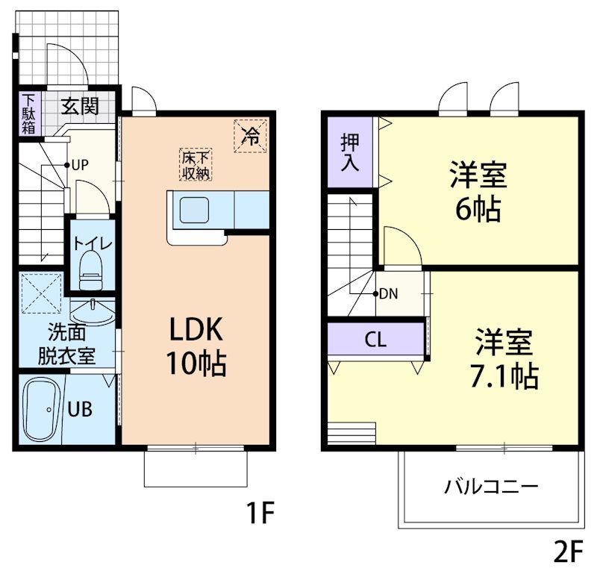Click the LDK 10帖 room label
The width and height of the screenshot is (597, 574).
pyautogui.click(x=196, y=345)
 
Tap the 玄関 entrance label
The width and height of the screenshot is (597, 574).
pyautogui.click(x=79, y=106)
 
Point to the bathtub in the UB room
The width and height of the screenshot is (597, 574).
pyautogui.click(x=43, y=408)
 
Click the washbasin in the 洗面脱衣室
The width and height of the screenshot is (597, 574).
pyautogui.click(x=93, y=308)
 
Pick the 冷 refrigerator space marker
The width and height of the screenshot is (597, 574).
pyautogui.click(x=251, y=136)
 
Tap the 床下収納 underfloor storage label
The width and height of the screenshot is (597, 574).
pyautogui.click(x=195, y=165)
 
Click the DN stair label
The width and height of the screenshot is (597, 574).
pyautogui.click(x=388, y=293)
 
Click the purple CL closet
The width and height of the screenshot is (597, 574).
pyautogui.click(x=375, y=340)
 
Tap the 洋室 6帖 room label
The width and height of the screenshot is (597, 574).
pyautogui.click(x=478, y=192)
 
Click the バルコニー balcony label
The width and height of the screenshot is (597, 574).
pyautogui.click(x=491, y=488)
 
